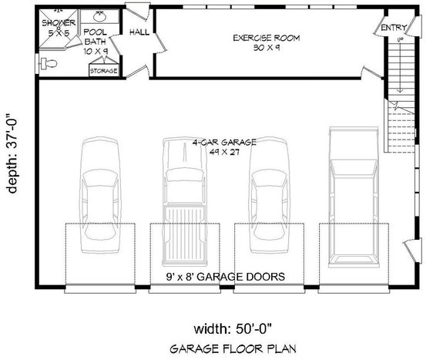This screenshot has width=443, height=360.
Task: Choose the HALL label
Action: (139, 32)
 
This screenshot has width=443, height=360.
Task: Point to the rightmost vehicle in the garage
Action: (352, 197)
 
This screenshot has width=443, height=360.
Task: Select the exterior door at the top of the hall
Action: (137, 15)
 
